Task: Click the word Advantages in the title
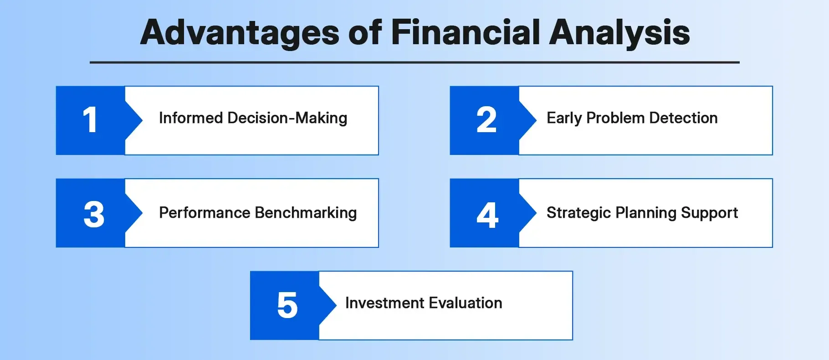pos(240,33)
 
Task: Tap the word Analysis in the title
pos(619,33)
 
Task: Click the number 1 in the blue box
pos(90,120)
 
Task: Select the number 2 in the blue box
pos(486,120)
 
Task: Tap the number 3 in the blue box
pos(94,214)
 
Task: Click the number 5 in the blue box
pos(287,305)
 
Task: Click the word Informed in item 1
pos(191,118)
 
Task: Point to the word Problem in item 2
pos(615,118)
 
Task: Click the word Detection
pos(683,118)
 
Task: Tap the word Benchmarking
pos(306,213)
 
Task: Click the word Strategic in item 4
pos(578,213)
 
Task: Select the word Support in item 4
pos(709,213)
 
